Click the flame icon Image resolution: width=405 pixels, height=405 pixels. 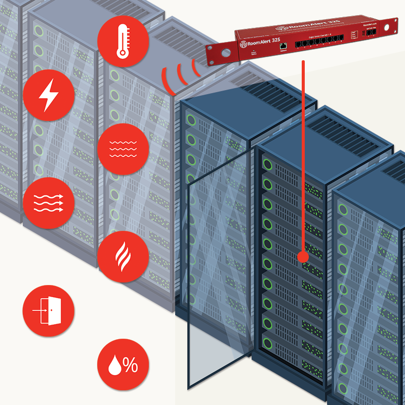click(x=123, y=257)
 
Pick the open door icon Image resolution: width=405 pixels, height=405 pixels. click(x=49, y=310)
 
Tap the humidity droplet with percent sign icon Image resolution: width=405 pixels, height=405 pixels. click(x=123, y=364)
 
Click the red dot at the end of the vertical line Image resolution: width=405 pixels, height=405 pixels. click(x=303, y=257)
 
